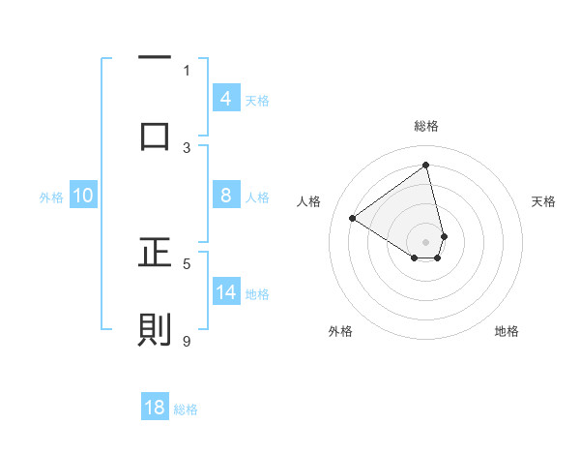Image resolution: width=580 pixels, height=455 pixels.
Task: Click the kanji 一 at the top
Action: pyautogui.click(x=155, y=59)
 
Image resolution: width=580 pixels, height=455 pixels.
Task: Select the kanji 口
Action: pyautogui.click(x=155, y=136)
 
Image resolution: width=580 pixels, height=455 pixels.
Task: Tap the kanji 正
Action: pyautogui.click(x=155, y=253)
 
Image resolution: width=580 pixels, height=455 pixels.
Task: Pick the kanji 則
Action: pyautogui.click(x=155, y=329)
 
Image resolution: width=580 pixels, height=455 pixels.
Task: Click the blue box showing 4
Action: pyautogui.click(x=225, y=98)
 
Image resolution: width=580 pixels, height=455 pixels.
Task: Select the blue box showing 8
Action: pyautogui.click(x=225, y=196)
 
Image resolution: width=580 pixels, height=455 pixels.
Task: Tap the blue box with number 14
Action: pyautogui.click(x=225, y=292)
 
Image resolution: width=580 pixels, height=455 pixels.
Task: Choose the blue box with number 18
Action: pyautogui.click(x=155, y=408)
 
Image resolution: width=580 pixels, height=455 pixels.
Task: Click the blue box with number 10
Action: pyautogui.click(x=83, y=196)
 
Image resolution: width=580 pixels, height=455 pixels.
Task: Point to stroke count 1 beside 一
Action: pyautogui.click(x=187, y=70)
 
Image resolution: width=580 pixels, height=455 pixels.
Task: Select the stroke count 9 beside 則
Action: pyautogui.click(x=187, y=341)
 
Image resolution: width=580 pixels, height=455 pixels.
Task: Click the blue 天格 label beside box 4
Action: pyautogui.click(x=257, y=100)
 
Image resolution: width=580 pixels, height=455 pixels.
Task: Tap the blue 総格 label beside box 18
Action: pyautogui.click(x=186, y=409)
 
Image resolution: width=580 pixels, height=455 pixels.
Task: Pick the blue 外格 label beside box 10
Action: pyautogui.click(x=51, y=197)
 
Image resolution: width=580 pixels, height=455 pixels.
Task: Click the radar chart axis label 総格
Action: pyautogui.click(x=426, y=127)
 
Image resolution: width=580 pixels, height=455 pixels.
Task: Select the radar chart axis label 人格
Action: pyautogui.click(x=308, y=201)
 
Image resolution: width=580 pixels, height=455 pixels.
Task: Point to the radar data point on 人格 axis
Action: pyautogui.click(x=353, y=219)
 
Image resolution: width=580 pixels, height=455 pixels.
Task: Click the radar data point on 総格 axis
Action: pyautogui.click(x=426, y=166)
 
